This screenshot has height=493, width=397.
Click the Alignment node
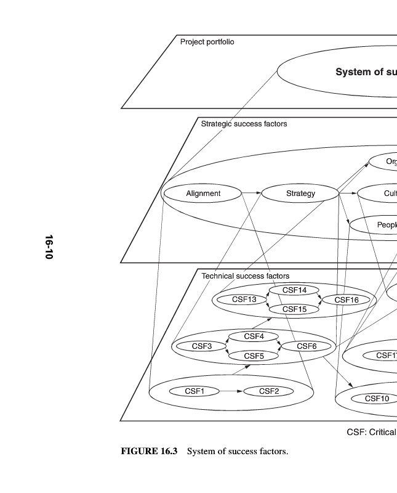pos(203,194)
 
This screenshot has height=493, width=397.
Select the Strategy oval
pos(300,194)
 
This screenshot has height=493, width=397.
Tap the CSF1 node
pos(194,391)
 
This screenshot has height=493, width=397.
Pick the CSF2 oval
pos(269,391)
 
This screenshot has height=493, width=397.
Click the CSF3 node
pos(201,346)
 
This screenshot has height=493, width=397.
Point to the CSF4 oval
pos(254,336)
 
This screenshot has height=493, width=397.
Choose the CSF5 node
pos(254,356)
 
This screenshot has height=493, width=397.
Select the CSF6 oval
pos(307,346)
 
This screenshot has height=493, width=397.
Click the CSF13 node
pos(244,299)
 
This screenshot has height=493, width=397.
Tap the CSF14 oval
pos(294,290)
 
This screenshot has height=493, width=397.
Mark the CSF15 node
pos(294,309)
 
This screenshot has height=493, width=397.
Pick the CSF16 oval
pos(347,299)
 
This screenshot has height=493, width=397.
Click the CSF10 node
pos(377,398)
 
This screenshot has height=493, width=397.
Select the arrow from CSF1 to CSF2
pos(231,391)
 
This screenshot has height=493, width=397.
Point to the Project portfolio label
pos(207,42)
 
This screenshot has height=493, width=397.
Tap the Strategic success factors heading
pos(244,124)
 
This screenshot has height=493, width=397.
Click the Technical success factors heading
pos(245,276)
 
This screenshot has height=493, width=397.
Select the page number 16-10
pos(49,246)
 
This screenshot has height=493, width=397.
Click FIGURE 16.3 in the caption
pos(149,452)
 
